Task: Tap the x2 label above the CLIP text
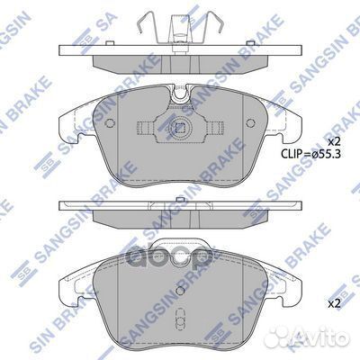click(335, 141)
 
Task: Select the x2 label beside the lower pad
click(335, 304)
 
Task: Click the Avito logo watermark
click(309, 338)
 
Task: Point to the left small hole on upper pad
click(111, 122)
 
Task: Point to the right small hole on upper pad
click(250, 122)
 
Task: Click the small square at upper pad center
click(180, 128)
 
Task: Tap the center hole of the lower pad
click(180, 291)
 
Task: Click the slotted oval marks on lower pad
click(181, 319)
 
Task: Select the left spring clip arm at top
click(147, 22)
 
